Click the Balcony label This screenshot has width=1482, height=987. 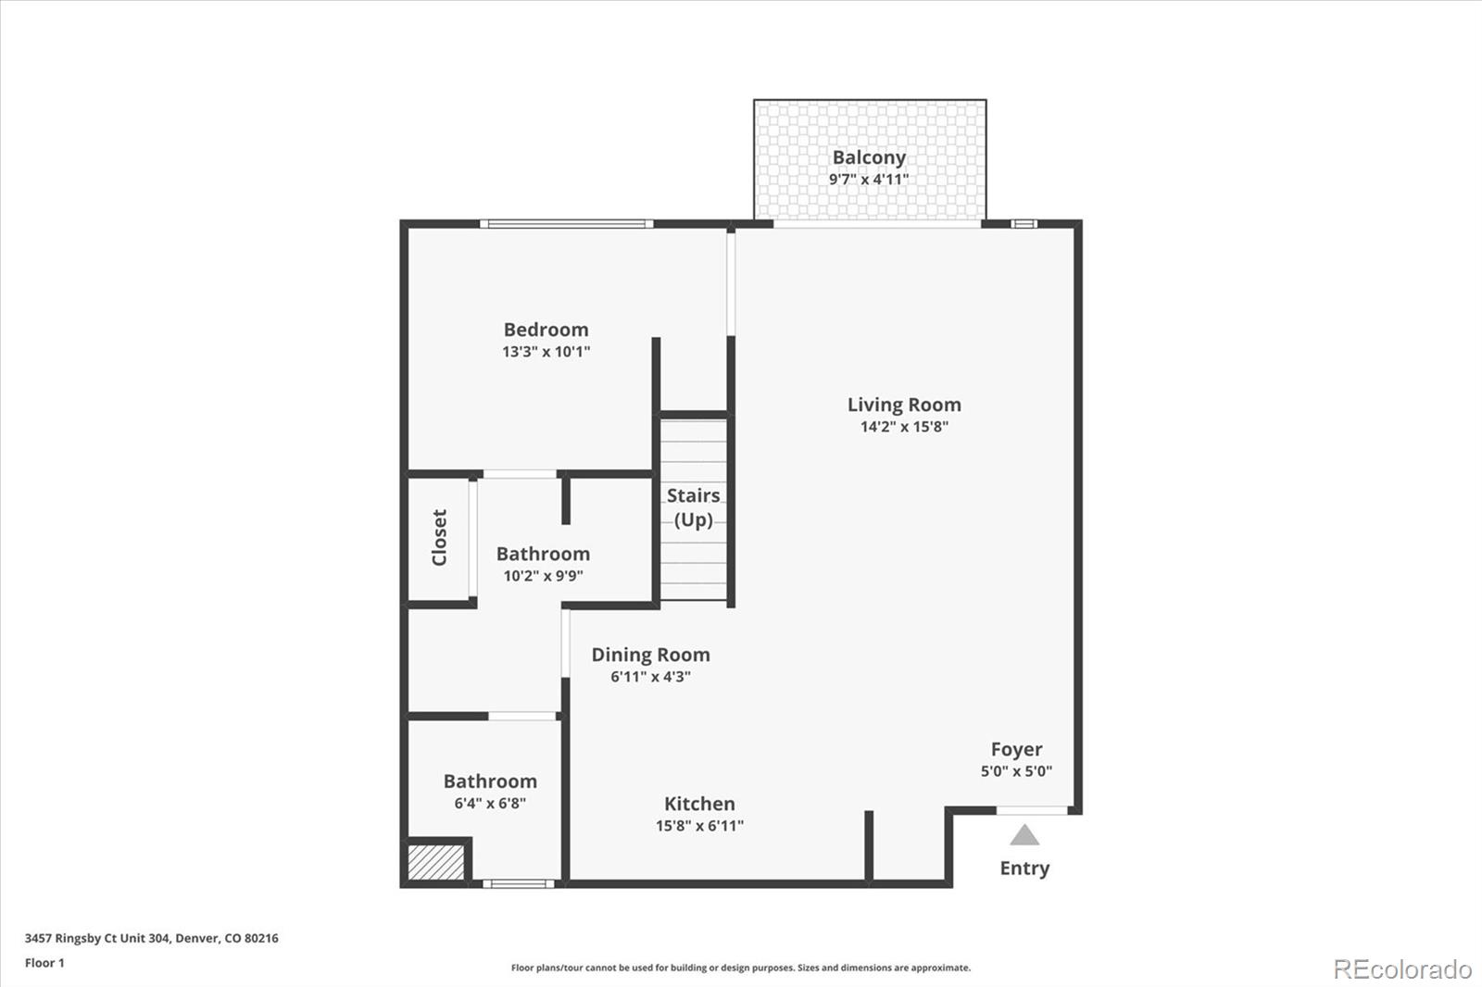tap(869, 157)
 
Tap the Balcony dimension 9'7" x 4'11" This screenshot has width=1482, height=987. tap(869, 179)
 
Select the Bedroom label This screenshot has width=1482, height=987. tap(546, 330)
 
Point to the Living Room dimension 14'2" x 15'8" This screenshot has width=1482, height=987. tap(904, 427)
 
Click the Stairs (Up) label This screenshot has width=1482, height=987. tap(693, 507)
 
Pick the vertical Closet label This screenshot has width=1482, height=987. tap(439, 537)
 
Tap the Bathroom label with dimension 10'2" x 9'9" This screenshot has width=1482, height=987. tap(543, 554)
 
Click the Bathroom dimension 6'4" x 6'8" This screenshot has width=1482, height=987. tap(490, 804)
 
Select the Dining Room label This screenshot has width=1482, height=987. tap(650, 655)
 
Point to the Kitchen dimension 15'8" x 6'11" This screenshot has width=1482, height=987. tap(699, 826)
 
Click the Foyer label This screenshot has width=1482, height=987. tap(1016, 749)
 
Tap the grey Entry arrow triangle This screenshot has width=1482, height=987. tap(1024, 836)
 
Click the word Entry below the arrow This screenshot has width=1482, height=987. tap(1024, 868)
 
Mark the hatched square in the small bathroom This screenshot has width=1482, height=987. tap(436, 862)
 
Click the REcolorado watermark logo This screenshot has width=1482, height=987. tap(1402, 969)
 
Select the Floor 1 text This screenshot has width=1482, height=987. tap(44, 963)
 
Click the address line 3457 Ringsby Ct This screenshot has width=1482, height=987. tap(151, 938)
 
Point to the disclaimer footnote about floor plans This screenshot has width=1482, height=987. tap(741, 968)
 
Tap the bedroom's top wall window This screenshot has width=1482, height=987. tap(566, 224)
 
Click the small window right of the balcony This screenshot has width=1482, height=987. tap(1023, 223)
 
